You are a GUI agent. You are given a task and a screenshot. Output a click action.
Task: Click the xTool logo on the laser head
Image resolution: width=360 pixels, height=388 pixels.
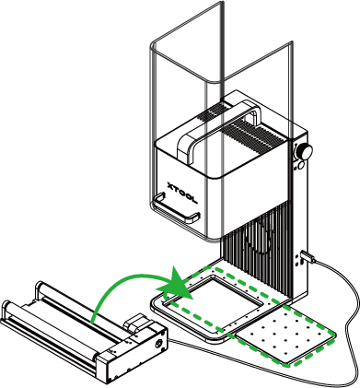(182, 193)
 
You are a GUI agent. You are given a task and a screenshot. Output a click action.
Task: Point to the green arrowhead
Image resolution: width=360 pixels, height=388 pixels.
(175, 284)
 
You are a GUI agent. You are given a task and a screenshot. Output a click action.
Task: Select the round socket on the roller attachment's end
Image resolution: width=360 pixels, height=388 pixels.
(158, 343)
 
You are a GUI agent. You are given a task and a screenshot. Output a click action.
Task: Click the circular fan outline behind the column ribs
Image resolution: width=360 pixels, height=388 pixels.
(259, 236)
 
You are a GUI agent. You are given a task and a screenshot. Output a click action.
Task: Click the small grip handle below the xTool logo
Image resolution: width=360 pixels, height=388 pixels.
(176, 208)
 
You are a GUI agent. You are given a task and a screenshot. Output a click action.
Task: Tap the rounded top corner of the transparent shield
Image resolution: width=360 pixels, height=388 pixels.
(154, 44)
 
